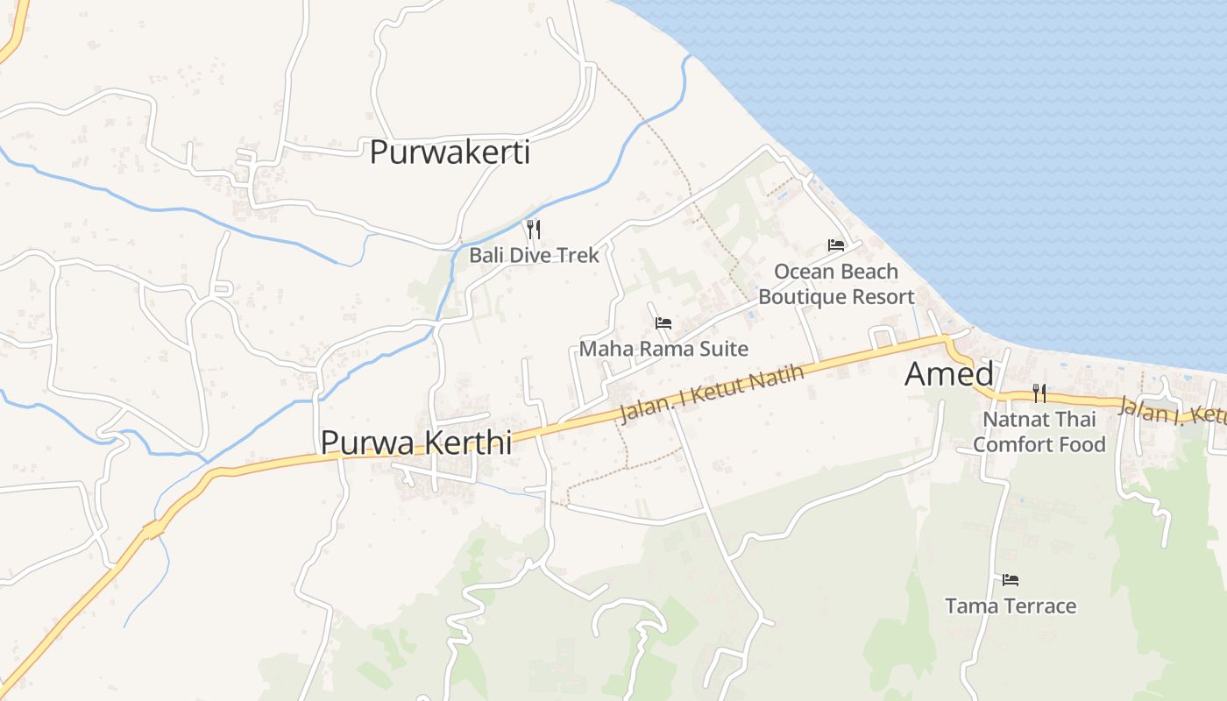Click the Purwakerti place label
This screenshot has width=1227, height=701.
(x=450, y=152)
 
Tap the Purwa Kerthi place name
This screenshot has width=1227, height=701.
(x=415, y=442)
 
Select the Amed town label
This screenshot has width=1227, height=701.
(x=949, y=374)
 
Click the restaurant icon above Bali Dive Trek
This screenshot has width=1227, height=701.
(x=533, y=230)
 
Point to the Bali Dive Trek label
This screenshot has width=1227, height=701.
(x=534, y=255)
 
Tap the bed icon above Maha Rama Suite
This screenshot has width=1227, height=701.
(x=663, y=323)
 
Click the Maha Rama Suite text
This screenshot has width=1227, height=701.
(x=663, y=349)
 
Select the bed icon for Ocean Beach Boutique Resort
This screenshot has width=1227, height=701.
(x=836, y=245)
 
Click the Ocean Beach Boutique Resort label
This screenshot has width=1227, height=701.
(x=836, y=284)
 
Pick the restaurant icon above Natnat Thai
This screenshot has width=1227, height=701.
(x=1039, y=393)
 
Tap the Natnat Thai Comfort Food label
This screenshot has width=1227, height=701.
(x=1039, y=431)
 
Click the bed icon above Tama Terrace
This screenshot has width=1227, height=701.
(x=1011, y=580)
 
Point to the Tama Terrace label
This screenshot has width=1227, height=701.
(x=1011, y=605)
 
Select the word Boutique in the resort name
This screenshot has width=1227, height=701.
(x=796, y=297)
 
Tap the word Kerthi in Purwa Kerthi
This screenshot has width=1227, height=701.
(x=469, y=442)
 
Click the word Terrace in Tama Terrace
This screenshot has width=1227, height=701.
(x=1040, y=605)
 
